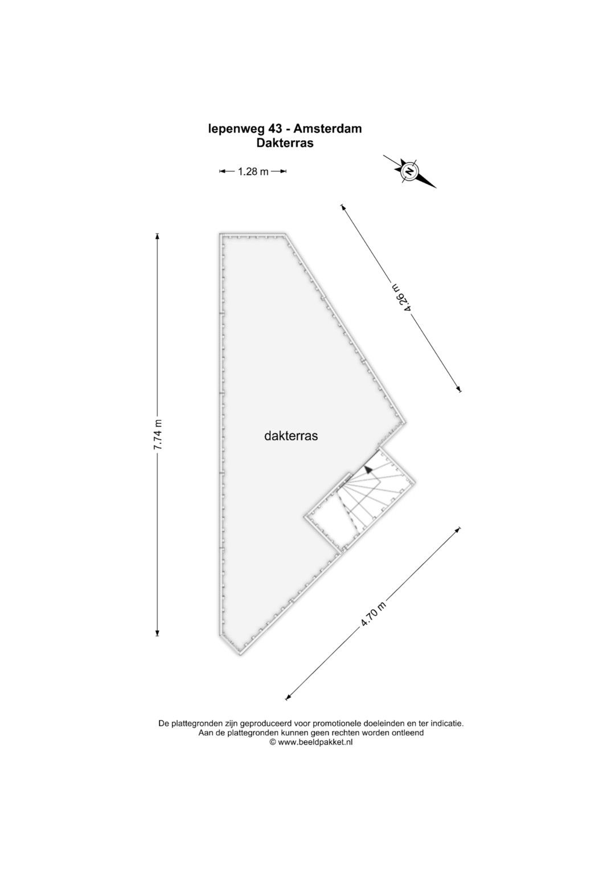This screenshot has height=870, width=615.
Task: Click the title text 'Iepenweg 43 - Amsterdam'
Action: pyautogui.click(x=285, y=129)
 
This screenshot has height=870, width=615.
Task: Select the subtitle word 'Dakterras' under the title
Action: pyautogui.click(x=285, y=143)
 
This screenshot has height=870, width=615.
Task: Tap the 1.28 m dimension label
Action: pyautogui.click(x=253, y=171)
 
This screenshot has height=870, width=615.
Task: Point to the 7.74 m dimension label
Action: pyautogui.click(x=158, y=435)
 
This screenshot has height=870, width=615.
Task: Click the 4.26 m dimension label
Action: pyautogui.click(x=401, y=298)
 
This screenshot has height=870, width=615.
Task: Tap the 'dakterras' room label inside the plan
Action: pyautogui.click(x=291, y=436)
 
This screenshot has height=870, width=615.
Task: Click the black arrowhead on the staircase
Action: pyautogui.click(x=368, y=469)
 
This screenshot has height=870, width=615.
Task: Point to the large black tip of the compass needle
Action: pyautogui.click(x=427, y=181)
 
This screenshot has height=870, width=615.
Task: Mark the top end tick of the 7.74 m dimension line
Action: pyautogui.click(x=157, y=235)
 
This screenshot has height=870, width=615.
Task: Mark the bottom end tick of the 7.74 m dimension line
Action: pyautogui.click(x=157, y=636)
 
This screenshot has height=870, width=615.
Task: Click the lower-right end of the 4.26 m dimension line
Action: pyautogui.click(x=460, y=391)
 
